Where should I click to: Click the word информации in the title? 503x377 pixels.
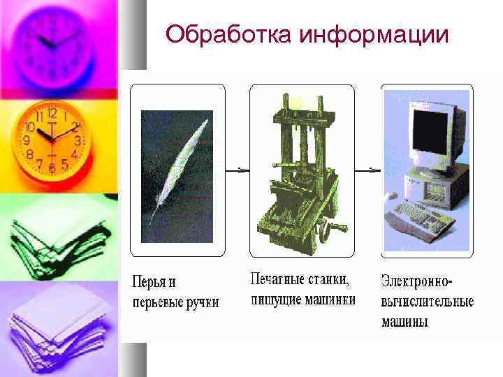pos(374,34)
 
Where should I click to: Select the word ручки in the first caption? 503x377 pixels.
pos(198,302)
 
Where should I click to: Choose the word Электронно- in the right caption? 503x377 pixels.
pos(417,282)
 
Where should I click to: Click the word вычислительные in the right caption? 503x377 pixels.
pos(427,302)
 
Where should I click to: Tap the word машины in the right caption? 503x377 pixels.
pos(404,322)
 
